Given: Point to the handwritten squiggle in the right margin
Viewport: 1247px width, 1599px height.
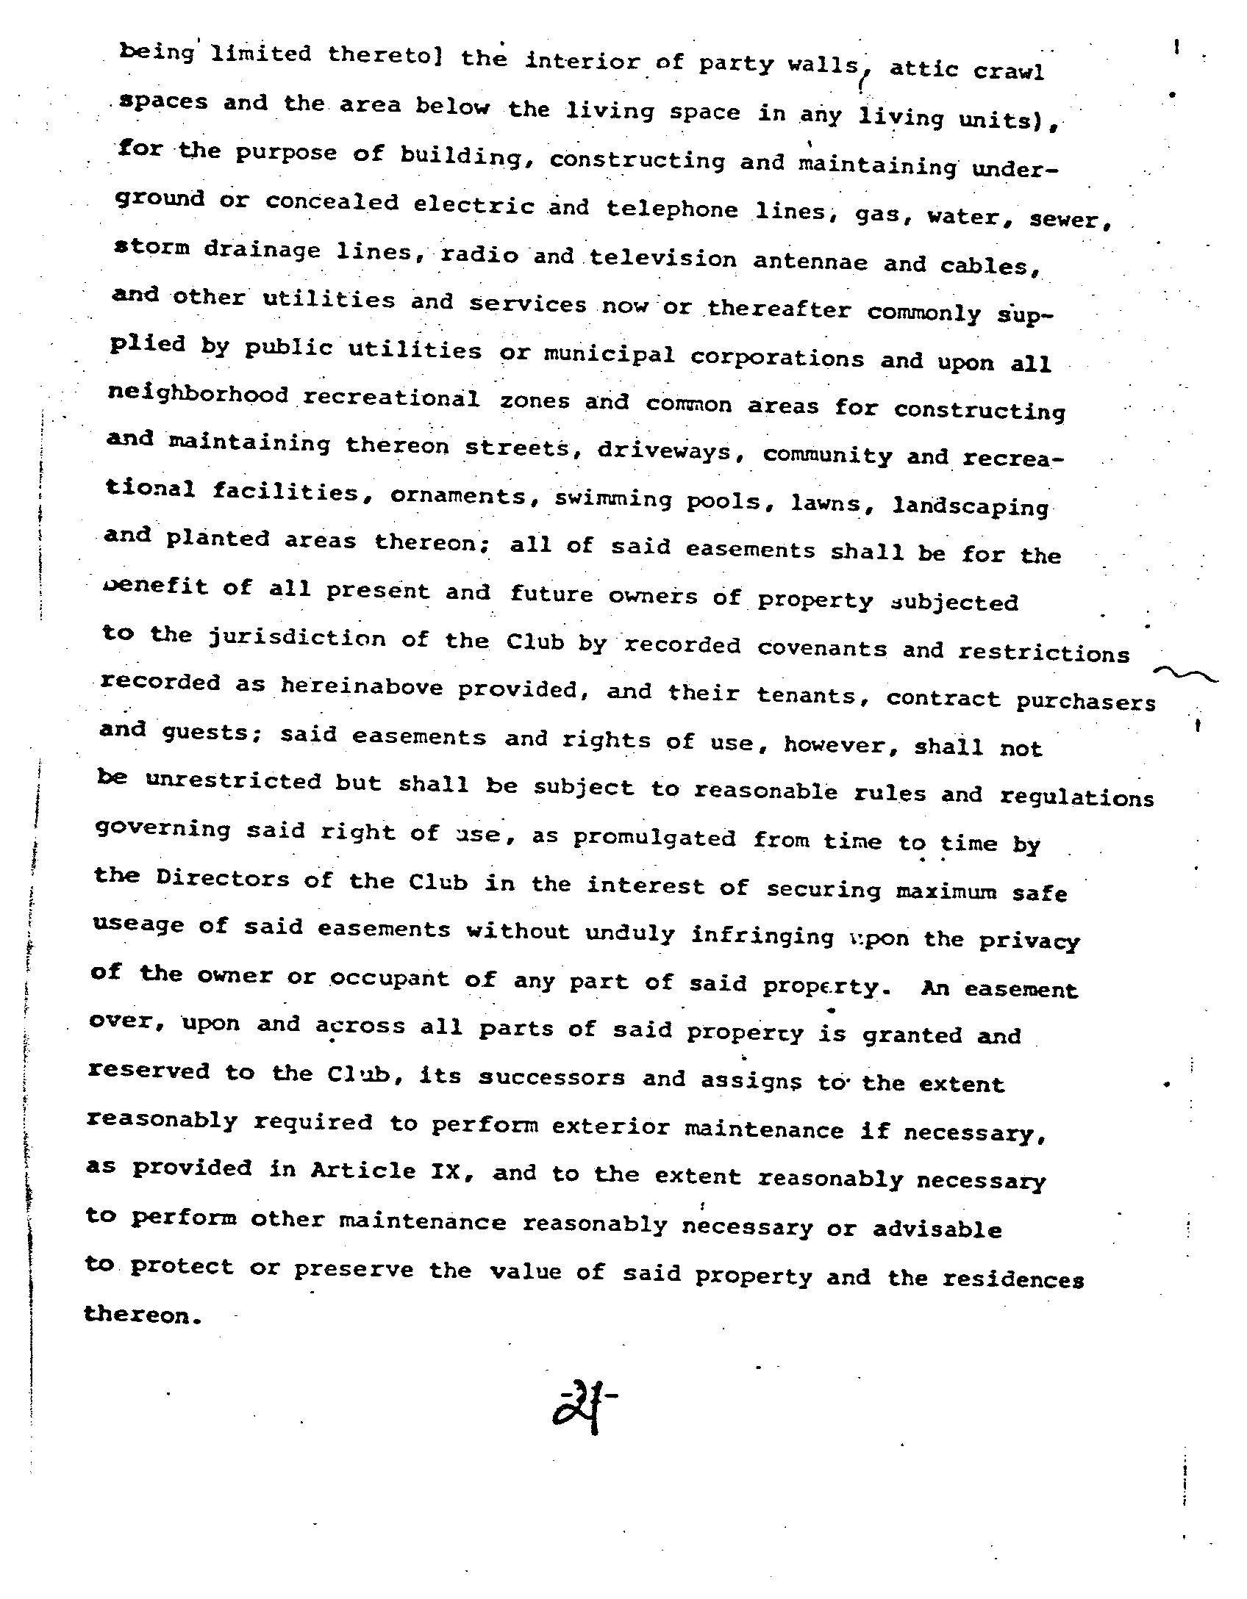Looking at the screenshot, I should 1185,674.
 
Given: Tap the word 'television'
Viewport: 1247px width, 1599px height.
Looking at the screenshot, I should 662,259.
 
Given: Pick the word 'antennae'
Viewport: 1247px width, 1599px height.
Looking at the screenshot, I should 810,262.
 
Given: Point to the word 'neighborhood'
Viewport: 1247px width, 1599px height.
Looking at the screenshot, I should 199,395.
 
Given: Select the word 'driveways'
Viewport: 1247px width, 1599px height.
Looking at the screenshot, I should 667,450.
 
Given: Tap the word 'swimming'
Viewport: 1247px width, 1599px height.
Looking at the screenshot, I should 612,500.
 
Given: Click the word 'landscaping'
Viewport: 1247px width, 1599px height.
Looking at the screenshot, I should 970,507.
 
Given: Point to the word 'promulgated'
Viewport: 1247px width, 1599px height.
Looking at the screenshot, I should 654,838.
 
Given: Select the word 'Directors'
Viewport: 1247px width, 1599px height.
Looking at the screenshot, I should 222,879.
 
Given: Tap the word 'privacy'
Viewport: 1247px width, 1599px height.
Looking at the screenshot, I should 1029,941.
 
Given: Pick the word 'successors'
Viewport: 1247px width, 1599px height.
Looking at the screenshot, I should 551,1077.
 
